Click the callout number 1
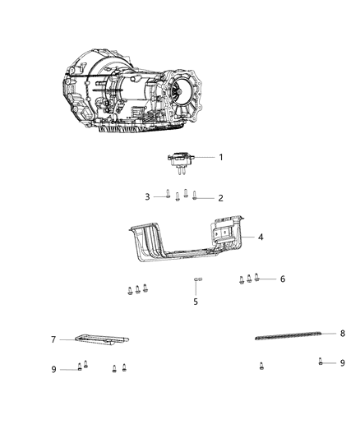click(x=220, y=156)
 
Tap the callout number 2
click(x=220, y=198)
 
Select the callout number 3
click(x=148, y=196)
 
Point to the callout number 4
click(x=260, y=237)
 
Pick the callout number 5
click(x=196, y=302)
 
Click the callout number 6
click(x=282, y=279)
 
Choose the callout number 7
click(x=53, y=339)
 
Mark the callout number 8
click(x=320, y=333)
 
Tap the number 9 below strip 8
click(x=342, y=362)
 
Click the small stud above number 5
click(x=197, y=281)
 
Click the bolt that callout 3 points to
click(x=167, y=196)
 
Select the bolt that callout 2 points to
click(x=195, y=196)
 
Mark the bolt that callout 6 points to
click(x=258, y=278)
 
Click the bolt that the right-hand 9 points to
click(x=320, y=362)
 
